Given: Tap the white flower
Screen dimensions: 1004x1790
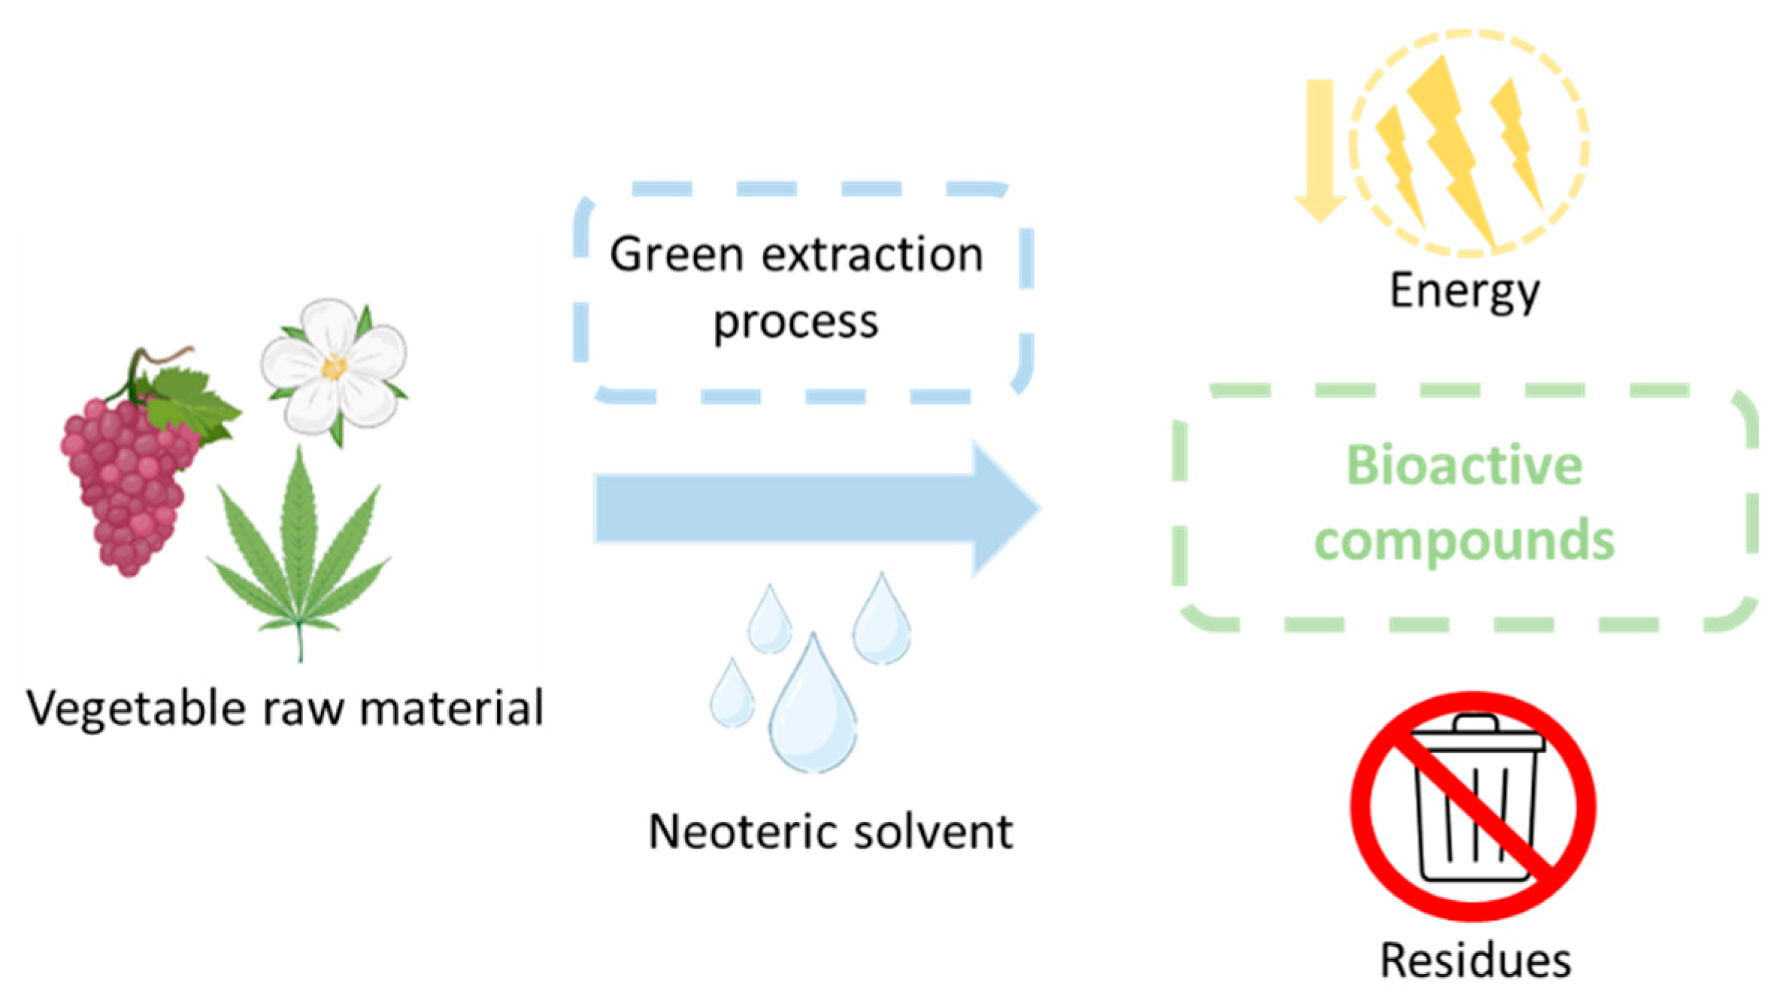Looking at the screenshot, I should (x=335, y=369).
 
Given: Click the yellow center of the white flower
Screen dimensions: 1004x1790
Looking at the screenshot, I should (x=334, y=368).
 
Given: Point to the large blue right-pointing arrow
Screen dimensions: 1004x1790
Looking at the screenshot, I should (x=812, y=508).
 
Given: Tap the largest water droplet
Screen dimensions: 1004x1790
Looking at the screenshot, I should (x=812, y=707).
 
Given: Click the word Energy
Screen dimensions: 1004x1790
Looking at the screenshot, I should (x=1464, y=292).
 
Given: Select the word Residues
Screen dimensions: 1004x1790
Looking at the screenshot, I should (x=1475, y=961).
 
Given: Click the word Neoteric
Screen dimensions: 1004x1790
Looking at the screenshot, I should (x=743, y=832).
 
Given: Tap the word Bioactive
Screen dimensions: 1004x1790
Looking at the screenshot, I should (x=1464, y=465).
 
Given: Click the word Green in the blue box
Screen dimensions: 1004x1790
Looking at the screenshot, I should (x=677, y=254).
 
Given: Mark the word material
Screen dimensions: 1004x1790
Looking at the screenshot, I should (x=451, y=708).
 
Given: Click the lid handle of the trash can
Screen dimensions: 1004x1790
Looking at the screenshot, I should (x=1475, y=723).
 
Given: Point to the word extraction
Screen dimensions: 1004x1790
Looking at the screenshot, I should (x=872, y=254).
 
